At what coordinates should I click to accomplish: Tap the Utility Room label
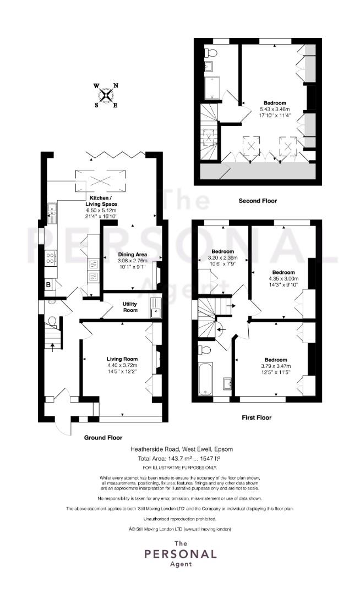pos(130,307)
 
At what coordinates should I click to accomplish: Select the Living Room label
pos(122,359)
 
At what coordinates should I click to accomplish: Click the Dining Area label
pos(133,255)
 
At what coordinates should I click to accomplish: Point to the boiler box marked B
pos(49,284)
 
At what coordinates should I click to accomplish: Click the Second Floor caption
pos(258,201)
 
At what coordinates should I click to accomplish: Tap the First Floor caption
pos(257,417)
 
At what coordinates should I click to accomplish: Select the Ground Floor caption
pos(103,438)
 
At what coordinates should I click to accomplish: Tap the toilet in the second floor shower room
pos(210,52)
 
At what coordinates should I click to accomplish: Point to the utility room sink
pos(156,307)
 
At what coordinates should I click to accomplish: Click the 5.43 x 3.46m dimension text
pos(275,109)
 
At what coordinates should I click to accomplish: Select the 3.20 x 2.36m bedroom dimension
pos(222,257)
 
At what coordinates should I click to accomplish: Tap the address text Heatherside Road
pos(155,449)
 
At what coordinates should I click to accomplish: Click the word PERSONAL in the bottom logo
pos(181,554)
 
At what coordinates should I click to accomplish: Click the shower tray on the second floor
pos(212,88)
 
